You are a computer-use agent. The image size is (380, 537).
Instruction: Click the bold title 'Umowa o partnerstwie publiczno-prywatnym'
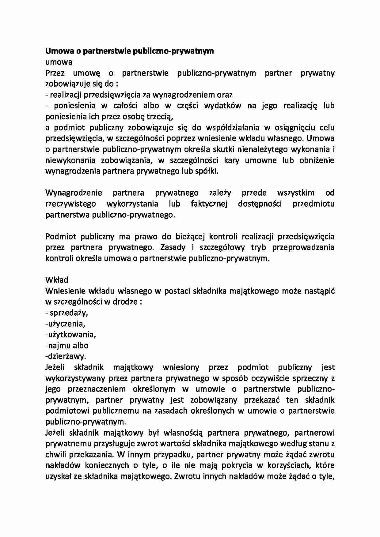click(x=130, y=51)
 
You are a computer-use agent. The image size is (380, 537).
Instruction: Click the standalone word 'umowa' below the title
click(x=59, y=62)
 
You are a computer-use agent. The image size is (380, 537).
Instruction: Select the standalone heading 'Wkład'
click(x=57, y=280)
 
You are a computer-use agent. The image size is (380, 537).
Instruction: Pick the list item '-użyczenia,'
click(x=65, y=324)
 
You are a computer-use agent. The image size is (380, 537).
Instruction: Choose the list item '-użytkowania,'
click(x=70, y=334)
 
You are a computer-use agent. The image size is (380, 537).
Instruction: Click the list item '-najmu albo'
click(x=67, y=345)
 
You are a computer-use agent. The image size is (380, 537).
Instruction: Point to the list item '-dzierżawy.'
click(x=66, y=356)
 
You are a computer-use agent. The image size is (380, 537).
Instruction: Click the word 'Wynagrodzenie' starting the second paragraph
click(x=74, y=193)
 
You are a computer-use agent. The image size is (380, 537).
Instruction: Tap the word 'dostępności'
click(x=260, y=204)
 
